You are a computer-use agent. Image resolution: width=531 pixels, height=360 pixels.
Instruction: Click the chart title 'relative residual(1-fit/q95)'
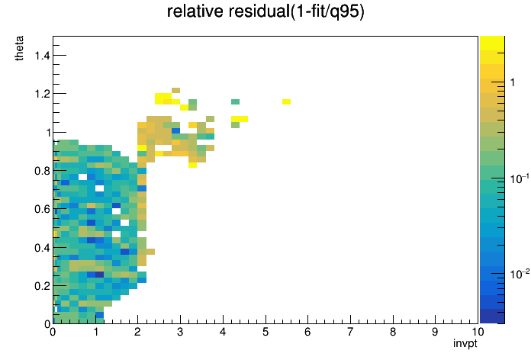(265, 11)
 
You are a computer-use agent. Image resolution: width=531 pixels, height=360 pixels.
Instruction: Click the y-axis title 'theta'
(19, 48)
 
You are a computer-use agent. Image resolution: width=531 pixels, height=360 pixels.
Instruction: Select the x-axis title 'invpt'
(465, 343)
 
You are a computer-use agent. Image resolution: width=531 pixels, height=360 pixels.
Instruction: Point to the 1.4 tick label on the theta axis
(42, 55)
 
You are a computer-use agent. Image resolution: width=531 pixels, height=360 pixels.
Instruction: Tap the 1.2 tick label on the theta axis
(42, 94)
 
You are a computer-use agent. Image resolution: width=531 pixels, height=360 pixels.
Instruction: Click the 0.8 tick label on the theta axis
(42, 171)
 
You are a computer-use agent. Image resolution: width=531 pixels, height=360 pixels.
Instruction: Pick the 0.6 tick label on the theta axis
(42, 209)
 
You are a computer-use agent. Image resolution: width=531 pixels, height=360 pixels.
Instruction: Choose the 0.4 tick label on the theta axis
(42, 248)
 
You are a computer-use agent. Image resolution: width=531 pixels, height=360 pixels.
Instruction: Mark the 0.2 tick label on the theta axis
(42, 286)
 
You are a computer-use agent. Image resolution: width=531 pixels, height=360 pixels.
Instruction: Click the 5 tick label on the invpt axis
(265, 332)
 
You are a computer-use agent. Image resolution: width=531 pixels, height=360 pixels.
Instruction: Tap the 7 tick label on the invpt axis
(350, 332)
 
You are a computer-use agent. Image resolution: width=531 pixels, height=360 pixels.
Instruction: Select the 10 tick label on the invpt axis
(478, 332)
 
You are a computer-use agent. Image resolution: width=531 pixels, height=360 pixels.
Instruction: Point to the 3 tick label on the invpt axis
(180, 332)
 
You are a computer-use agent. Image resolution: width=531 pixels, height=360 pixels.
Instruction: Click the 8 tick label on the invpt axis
(393, 332)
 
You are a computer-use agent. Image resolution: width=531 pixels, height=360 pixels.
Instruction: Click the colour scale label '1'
(513, 82)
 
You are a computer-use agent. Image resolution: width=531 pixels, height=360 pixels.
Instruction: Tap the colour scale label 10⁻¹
(520, 178)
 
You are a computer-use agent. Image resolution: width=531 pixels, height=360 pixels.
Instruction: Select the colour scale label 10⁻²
(520, 274)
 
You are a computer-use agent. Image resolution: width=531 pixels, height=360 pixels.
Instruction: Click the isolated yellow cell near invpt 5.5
(286, 102)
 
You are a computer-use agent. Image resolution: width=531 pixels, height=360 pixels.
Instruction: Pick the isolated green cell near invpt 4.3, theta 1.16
(235, 102)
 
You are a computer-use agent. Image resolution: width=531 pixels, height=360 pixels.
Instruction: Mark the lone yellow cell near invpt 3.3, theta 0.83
(193, 165)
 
